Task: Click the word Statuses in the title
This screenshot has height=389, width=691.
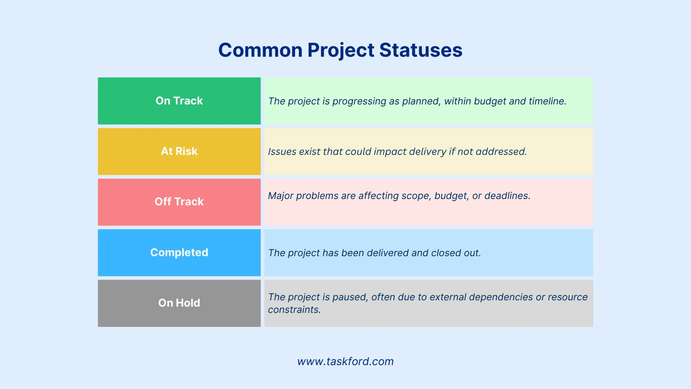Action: (x=421, y=50)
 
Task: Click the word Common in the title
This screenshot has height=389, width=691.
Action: (x=260, y=50)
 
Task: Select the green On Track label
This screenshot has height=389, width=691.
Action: (x=179, y=101)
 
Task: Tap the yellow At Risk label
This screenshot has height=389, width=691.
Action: (x=179, y=151)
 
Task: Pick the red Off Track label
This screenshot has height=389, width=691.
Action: (x=179, y=202)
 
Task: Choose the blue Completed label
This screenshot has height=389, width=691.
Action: (x=179, y=253)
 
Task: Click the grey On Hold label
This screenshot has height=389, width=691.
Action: (x=179, y=303)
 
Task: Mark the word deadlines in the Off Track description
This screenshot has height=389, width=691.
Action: (x=507, y=196)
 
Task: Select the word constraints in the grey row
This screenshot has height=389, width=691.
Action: (x=294, y=310)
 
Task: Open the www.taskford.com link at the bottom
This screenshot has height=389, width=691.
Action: (x=345, y=362)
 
